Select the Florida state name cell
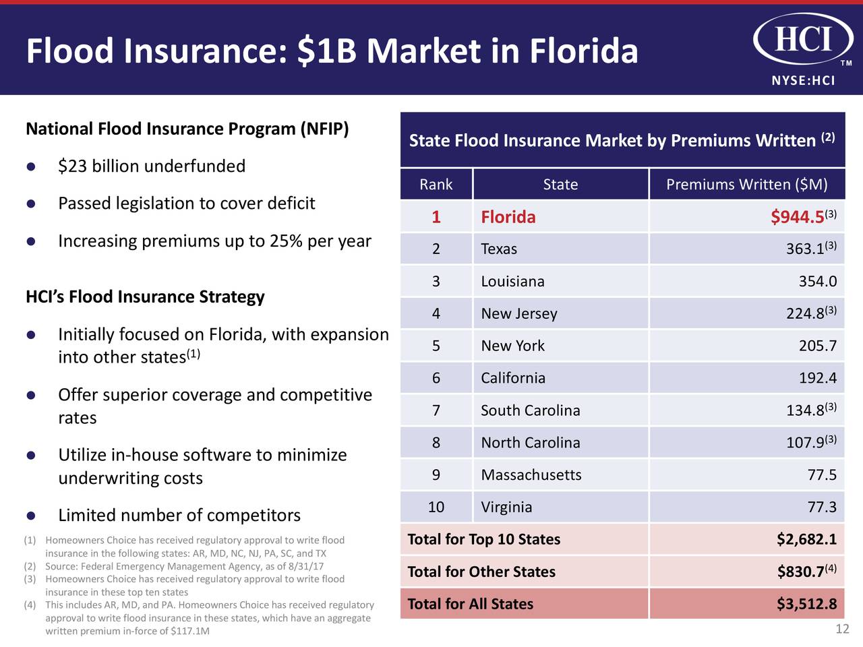[508, 217]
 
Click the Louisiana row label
[512, 282]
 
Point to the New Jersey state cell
[519, 314]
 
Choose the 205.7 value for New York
[818, 346]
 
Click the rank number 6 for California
[436, 378]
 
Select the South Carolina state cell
[531, 410]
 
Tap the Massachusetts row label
[531, 475]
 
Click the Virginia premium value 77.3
[822, 507]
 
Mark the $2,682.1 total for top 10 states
[806, 540]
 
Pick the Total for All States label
[471, 605]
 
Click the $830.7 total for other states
[800, 572]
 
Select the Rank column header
[436, 185]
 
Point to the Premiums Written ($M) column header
[746, 185]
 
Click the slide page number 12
[842, 629]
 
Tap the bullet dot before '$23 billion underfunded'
[30, 166]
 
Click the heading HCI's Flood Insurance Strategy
[145, 297]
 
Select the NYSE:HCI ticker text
[803, 81]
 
